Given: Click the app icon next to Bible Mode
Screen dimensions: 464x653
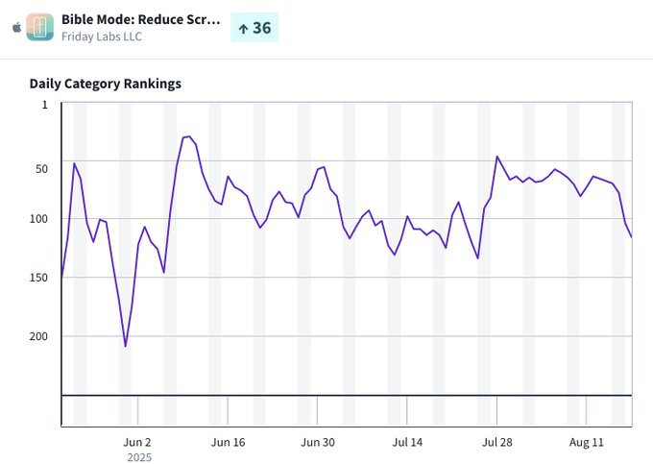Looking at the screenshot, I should [39, 27].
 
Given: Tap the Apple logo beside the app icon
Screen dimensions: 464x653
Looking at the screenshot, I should [14, 28].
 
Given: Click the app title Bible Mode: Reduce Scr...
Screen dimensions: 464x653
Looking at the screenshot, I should [140, 19].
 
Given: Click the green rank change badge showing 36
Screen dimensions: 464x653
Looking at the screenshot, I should [254, 28].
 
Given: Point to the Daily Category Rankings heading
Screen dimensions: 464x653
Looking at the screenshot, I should [106, 84].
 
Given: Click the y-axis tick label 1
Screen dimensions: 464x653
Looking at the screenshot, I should [44, 105].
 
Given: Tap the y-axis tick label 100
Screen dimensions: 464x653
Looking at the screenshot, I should [38, 219].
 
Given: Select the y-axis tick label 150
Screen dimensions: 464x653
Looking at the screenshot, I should [38, 278].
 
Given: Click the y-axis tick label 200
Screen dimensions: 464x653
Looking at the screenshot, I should [38, 336].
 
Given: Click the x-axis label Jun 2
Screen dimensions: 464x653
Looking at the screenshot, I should [138, 442].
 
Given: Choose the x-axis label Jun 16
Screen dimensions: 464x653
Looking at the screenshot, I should [228, 442].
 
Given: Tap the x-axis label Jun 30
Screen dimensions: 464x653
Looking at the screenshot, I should [318, 442].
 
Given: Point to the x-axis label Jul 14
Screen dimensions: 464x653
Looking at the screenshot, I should [407, 442].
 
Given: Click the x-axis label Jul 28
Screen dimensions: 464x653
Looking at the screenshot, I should [496, 442].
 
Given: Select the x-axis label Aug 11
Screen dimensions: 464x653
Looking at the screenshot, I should [587, 442].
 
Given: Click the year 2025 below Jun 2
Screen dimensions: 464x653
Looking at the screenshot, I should [138, 457].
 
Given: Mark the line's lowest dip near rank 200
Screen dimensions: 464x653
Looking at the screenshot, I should [125, 346].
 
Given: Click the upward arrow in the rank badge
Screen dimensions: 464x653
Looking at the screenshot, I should [243, 29].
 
